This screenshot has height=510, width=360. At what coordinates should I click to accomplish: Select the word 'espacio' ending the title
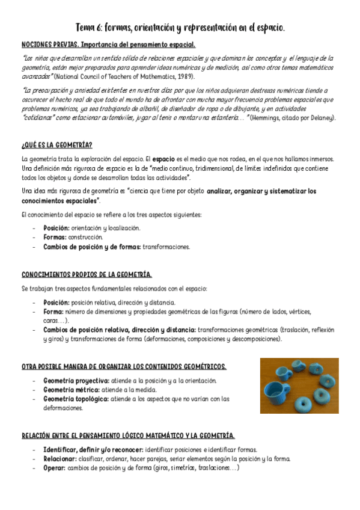(x=266, y=28)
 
